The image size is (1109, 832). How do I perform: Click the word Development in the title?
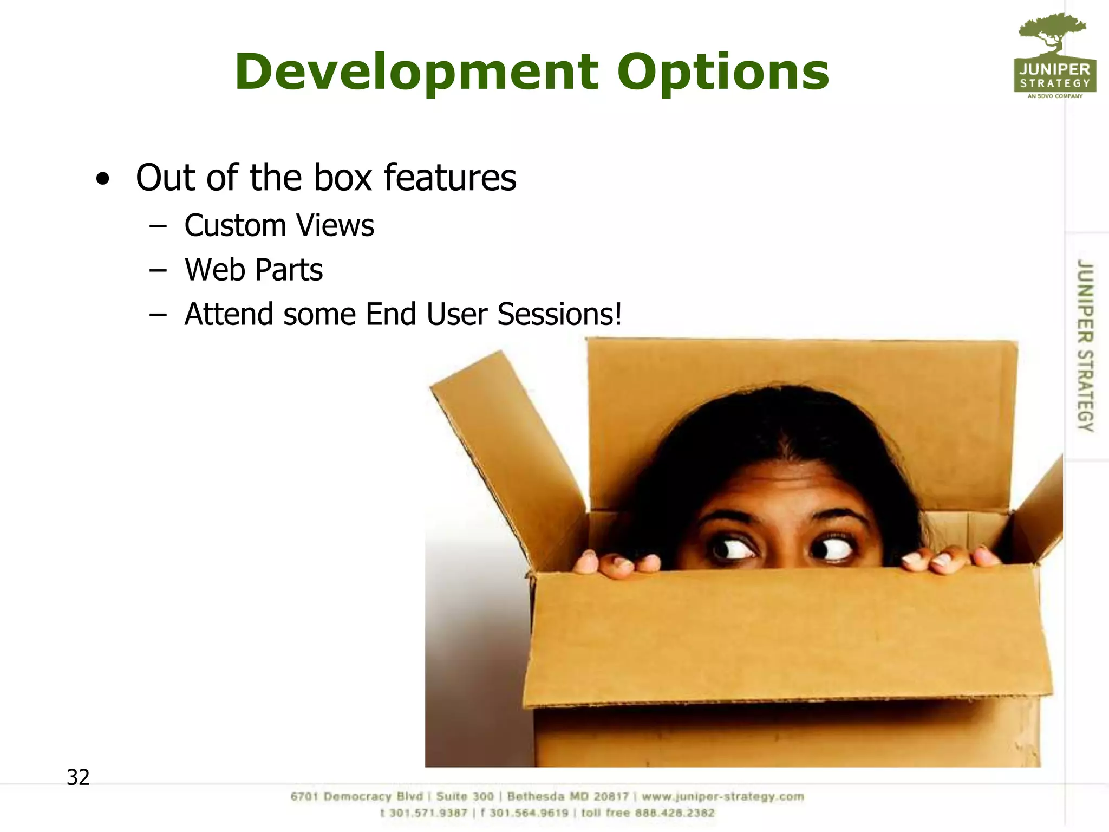pyautogui.click(x=416, y=72)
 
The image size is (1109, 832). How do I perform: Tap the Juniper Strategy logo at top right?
pyautogui.click(x=1054, y=57)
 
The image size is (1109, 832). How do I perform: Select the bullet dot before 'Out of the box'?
pyautogui.click(x=102, y=179)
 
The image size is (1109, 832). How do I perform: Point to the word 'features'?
pyautogui.click(x=450, y=178)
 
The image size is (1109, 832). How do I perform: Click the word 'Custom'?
pyautogui.click(x=235, y=225)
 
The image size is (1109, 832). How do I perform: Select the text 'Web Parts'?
pyautogui.click(x=253, y=270)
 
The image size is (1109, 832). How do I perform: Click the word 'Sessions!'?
pyautogui.click(x=559, y=314)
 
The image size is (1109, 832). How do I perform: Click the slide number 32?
pyautogui.click(x=78, y=777)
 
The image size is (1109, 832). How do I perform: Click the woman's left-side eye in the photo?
pyautogui.click(x=734, y=549)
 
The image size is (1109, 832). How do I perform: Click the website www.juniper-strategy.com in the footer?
pyautogui.click(x=722, y=797)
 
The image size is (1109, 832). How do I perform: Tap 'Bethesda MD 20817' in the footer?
pyautogui.click(x=567, y=797)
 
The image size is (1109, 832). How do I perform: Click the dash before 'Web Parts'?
pyautogui.click(x=158, y=270)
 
